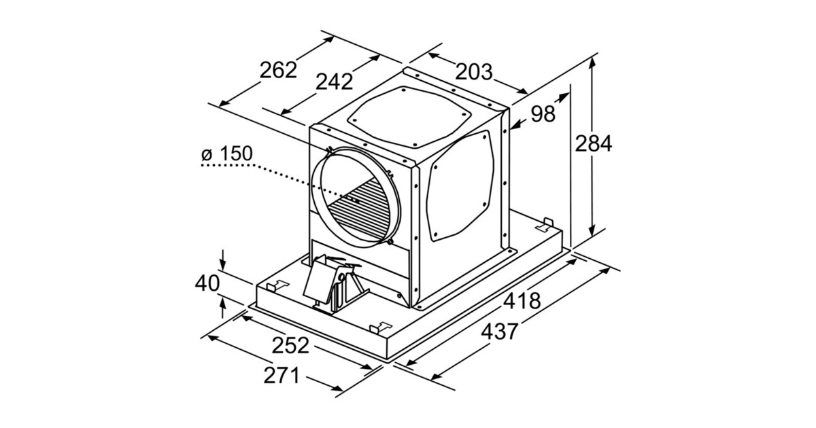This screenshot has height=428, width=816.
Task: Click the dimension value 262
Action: coord(278,70)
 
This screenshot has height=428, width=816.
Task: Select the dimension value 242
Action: coord(334,82)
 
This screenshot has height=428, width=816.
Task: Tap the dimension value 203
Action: coord(473,71)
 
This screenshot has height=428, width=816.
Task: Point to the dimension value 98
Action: coord(543,113)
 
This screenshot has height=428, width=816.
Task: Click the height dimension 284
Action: coord(593,143)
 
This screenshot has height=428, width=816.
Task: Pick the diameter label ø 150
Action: coord(227,154)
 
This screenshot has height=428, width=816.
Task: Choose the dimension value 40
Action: coord(209,283)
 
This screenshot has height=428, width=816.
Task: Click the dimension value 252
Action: coord(290,345)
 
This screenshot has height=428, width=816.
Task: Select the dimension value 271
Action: coord(281,375)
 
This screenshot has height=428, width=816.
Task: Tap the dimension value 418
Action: coord(522,302)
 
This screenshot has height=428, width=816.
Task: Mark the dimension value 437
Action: coord(499,332)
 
